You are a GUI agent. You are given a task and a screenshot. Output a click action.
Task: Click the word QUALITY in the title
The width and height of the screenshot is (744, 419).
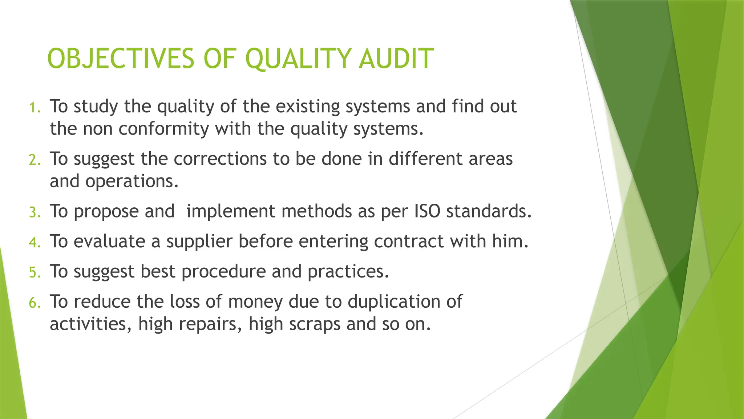[299, 59]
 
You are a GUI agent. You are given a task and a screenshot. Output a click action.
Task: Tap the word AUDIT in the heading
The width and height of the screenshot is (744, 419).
[396, 59]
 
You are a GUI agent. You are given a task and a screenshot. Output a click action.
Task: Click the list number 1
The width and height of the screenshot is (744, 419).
[35, 108]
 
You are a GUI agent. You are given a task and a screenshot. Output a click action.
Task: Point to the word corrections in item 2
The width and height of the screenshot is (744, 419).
[220, 159]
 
